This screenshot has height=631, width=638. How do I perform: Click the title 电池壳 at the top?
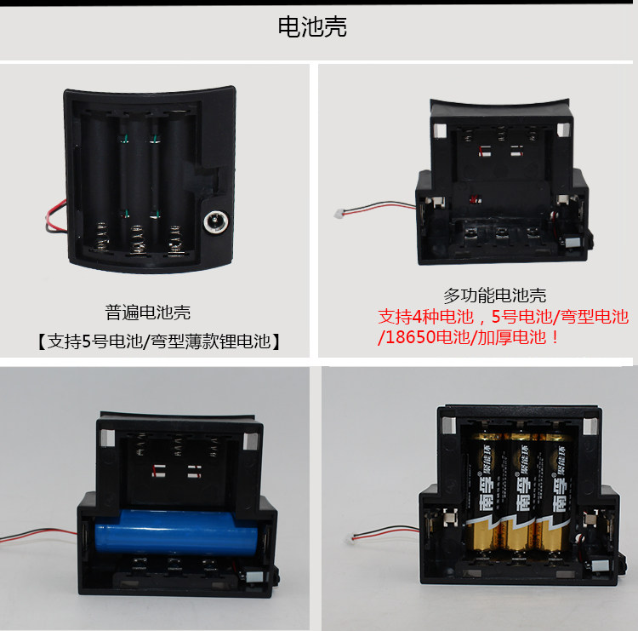pos(312,27)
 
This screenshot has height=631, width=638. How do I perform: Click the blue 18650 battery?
pos(177,532)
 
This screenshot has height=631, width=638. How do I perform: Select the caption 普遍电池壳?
pos(148,313)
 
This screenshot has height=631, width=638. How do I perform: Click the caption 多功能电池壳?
pos(495,295)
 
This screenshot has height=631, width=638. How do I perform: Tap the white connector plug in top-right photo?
pos(339,213)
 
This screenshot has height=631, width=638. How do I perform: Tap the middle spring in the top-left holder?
pos(138,240)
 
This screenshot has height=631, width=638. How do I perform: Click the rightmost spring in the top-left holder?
pos(175,240)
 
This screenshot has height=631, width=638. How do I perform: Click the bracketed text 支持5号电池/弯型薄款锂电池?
pos(159,341)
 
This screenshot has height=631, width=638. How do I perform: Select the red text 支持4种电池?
pos(425,317)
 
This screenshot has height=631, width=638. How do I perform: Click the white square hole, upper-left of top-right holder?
pos(441,131)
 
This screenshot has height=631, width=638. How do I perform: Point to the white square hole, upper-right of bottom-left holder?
pos(250,441)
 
